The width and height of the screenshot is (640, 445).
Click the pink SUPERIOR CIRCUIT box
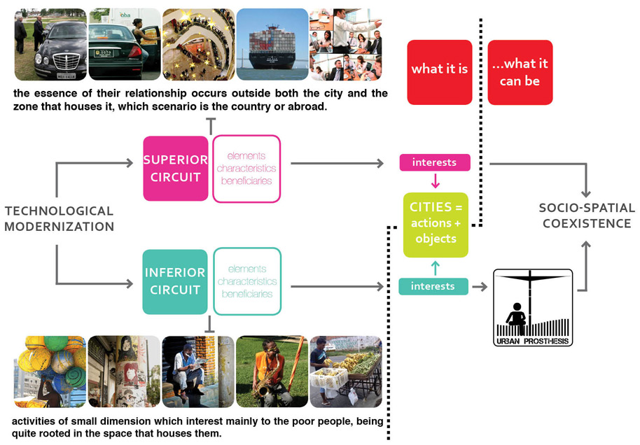tap(176, 169)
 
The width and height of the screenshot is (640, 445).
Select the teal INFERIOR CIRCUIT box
tap(175, 281)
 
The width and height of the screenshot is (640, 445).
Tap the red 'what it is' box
tap(440, 72)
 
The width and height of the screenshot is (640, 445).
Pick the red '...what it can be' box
tap(520, 72)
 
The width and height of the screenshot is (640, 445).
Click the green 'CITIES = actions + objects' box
tap(436, 225)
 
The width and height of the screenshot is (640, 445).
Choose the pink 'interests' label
tap(435, 162)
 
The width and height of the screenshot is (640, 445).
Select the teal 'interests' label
tap(433, 286)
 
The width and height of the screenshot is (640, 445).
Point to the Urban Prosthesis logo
tap(533, 308)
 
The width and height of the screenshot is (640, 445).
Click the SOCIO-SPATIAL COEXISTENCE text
tap(587, 216)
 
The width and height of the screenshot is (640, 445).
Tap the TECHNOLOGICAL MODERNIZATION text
tap(60, 218)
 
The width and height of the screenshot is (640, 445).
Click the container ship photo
tap(272, 44)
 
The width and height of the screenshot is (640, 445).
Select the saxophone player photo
tap(272, 372)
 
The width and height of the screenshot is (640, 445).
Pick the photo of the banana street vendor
tap(346, 372)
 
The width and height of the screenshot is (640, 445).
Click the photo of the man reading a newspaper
tap(198, 372)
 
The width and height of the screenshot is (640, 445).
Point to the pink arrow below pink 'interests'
tap(435, 181)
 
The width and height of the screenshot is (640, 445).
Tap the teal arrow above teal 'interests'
tap(435, 268)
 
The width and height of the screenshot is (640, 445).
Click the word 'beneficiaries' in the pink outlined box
tap(246, 181)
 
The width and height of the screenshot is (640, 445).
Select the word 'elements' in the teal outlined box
tap(247, 269)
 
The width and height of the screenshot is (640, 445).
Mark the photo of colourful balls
tap(50, 372)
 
